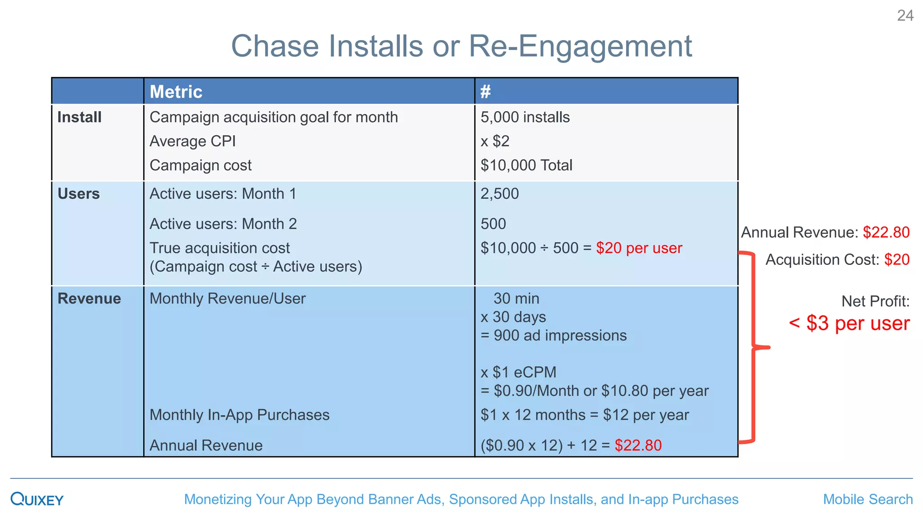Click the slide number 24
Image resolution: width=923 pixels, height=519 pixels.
[905, 16]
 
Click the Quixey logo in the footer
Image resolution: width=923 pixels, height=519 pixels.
[37, 499]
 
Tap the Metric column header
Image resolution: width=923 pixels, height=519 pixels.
[176, 92]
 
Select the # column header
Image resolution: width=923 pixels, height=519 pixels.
[485, 92]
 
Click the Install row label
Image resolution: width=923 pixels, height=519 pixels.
[79, 117]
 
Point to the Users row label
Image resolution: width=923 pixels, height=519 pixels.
[78, 194]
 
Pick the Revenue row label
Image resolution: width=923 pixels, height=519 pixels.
[89, 299]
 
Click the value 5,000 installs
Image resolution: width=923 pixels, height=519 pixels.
[525, 117]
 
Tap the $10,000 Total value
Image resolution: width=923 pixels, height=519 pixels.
[526, 165]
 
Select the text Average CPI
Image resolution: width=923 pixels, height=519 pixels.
[192, 141]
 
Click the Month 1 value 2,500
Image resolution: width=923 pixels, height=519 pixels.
[500, 194]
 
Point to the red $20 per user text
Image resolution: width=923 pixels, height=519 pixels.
[639, 248]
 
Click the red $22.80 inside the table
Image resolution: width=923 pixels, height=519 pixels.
[638, 446]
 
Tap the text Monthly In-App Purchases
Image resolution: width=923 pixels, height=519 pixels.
[239, 415]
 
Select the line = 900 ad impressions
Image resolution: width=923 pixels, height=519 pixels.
[553, 336]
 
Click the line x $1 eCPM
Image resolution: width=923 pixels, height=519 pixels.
[518, 373]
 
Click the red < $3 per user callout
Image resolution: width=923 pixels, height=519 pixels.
[849, 323]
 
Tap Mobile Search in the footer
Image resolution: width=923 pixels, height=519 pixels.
[868, 499]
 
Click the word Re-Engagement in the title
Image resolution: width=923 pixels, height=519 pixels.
[580, 46]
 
